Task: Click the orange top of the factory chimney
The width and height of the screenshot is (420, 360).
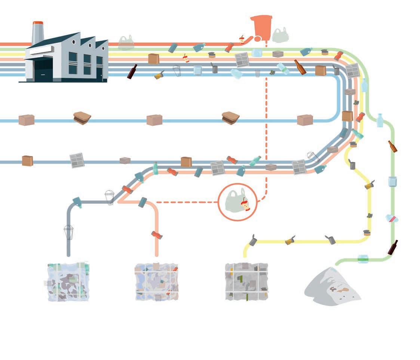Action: tap(38, 23)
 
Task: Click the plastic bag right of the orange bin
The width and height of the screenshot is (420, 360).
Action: tap(280, 35)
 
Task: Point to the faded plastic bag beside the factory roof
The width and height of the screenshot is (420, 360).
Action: tap(126, 43)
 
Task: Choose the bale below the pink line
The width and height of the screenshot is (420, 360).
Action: tap(156, 281)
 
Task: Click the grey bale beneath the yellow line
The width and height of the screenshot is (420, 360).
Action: tap(246, 281)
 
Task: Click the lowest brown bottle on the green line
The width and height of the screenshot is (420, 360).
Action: tap(393, 247)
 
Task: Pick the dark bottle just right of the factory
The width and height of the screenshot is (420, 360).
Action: tap(132, 71)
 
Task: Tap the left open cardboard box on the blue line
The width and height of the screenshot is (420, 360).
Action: tap(82, 118)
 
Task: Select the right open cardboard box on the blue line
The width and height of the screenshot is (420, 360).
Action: tap(230, 118)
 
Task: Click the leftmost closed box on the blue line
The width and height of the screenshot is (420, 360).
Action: tap(27, 120)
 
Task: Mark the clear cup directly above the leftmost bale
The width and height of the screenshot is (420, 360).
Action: tap(68, 232)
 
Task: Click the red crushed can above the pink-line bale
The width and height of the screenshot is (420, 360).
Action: tap(157, 235)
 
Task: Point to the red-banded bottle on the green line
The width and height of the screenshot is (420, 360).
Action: tap(392, 219)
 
